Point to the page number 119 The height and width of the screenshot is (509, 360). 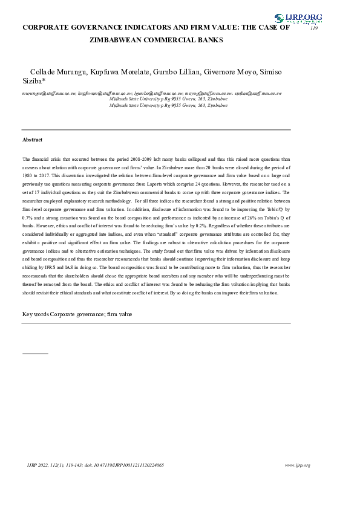tap(313, 28)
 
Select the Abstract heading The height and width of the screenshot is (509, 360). tap(33, 140)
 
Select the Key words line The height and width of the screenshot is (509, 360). tap(77, 314)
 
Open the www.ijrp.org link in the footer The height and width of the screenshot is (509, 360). tap(297, 465)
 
